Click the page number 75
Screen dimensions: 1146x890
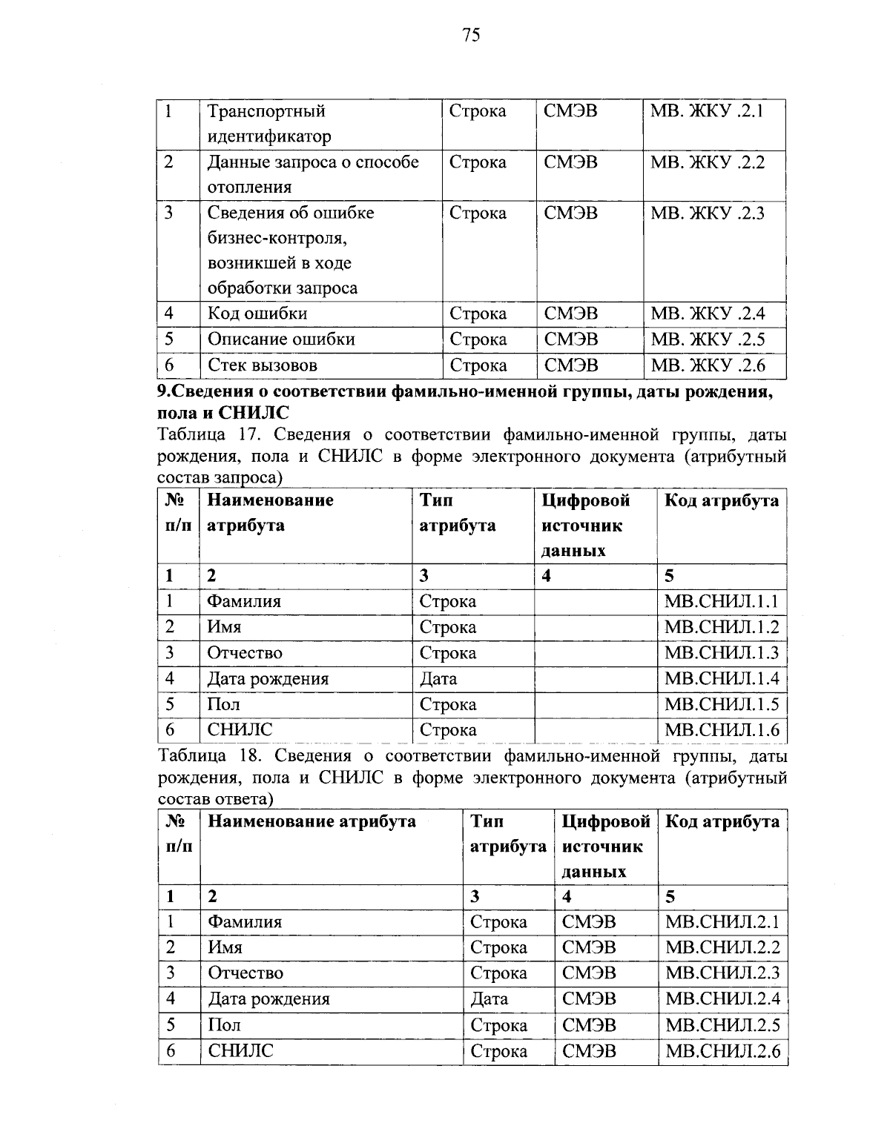[471, 35]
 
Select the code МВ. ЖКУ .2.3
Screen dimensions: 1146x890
[707, 213]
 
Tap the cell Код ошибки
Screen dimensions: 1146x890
[257, 314]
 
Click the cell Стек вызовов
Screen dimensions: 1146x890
[262, 365]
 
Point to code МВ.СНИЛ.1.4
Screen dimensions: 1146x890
[722, 678]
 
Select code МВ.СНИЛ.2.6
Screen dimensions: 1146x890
[722, 1050]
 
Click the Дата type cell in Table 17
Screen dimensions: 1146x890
[438, 678]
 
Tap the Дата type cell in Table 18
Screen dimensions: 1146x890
[489, 998]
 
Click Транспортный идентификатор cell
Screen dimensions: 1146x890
[268, 124]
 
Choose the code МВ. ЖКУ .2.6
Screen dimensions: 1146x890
[707, 365]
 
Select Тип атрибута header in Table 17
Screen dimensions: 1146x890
[458, 513]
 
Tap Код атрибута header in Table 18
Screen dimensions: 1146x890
[722, 821]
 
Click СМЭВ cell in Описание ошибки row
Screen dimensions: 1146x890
[570, 340]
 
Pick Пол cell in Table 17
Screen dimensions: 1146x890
[223, 704]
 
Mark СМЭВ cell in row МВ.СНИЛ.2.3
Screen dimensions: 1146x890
[589, 973]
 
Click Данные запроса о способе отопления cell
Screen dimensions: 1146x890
[312, 174]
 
